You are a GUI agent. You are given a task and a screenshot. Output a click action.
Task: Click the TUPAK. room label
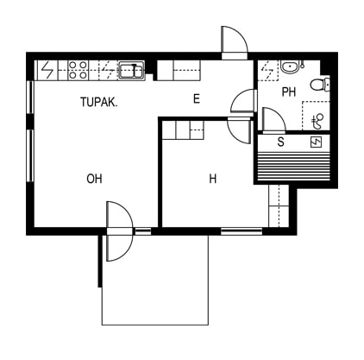coord(98,102)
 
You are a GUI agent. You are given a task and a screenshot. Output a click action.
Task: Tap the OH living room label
coord(94,179)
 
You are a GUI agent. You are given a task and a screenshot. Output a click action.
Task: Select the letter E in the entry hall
coord(197,99)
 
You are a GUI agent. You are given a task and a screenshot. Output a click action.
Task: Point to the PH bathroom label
coord(289,92)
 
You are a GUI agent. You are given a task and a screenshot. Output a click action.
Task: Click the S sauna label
coord(280,142)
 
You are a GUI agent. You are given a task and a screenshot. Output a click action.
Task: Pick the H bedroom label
coord(213,179)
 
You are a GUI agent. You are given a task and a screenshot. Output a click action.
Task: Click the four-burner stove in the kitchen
coord(78,70)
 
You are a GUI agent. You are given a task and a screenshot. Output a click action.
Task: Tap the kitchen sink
coord(132,70)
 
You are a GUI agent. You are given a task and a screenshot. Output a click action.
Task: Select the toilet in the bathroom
coord(320,85)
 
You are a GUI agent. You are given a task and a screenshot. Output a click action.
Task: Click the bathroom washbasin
coord(290,67)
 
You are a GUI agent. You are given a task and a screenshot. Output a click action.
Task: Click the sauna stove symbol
coord(316,142)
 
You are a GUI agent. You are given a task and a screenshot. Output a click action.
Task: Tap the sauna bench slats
coord(293,167)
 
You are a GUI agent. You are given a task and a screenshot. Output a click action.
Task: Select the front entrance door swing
coord(235,41)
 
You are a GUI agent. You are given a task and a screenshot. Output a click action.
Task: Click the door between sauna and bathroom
coord(273,120)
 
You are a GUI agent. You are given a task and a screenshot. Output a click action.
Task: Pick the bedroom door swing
coord(239,131)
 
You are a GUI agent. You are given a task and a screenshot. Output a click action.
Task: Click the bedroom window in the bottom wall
coord(242,231)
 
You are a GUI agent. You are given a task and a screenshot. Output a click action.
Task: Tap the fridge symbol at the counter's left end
coord(47,70)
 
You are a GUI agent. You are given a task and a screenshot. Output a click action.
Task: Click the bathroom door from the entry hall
coord(244,101)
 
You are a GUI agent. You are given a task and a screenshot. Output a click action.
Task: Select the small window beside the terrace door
coord(143,231)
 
